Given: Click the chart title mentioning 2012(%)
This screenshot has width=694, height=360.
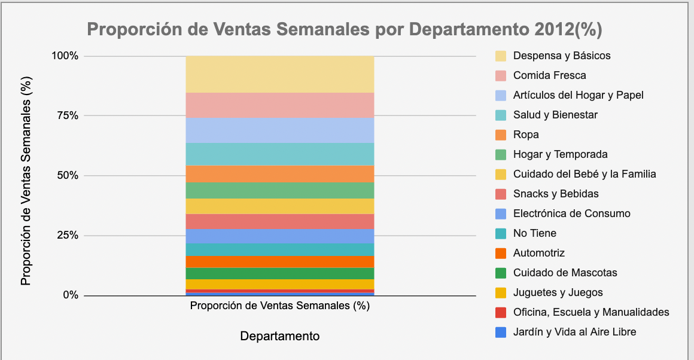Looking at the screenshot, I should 345,29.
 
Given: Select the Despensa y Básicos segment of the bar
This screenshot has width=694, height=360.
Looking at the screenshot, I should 279,74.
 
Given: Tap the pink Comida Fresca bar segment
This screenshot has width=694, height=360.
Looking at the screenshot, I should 279,105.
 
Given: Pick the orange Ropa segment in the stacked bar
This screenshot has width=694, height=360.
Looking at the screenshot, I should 279,174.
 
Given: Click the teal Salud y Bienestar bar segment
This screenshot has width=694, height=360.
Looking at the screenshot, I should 279,154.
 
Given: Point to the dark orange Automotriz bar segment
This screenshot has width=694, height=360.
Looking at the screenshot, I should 279,261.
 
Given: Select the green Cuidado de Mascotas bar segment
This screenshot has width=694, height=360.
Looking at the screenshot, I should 279,273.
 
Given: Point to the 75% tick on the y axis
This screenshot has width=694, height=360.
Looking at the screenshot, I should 65,116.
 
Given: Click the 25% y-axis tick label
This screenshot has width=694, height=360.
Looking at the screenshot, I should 65,236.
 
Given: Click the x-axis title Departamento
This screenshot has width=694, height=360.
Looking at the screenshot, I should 279,336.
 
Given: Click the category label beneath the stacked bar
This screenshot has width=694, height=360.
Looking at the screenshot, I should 279,306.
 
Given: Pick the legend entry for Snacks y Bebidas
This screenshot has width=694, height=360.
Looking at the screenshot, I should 555,194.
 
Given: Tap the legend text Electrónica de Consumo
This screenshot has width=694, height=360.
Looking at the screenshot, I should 571,213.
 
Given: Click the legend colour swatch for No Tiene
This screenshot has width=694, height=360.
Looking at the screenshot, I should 501,233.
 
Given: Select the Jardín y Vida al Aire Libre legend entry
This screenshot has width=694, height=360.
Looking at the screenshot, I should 574,332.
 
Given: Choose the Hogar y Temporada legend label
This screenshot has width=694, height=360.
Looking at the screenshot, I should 560,154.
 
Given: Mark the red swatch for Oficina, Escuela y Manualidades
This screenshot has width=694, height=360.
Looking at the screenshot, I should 501,312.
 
